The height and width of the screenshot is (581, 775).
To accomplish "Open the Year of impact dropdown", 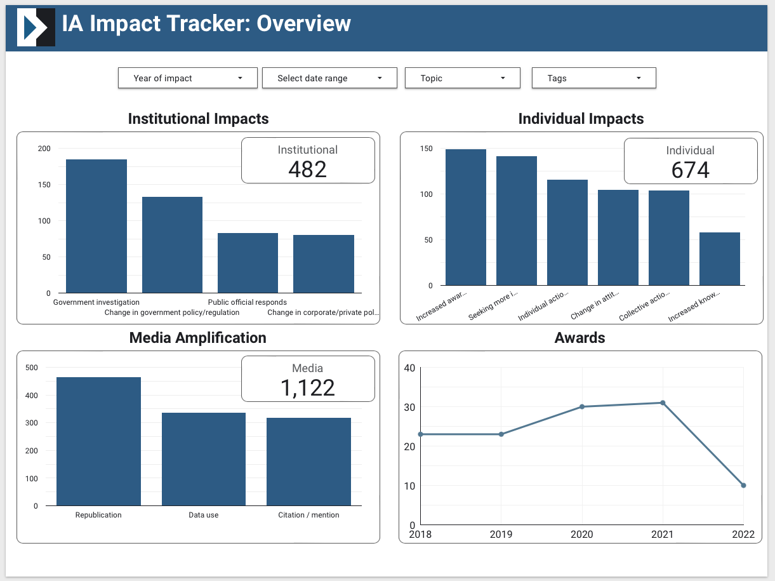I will (188, 78).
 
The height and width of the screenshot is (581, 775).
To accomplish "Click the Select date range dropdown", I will (329, 78).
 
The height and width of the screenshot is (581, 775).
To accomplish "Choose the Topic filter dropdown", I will (463, 78).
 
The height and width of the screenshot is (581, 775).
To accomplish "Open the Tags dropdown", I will (593, 78).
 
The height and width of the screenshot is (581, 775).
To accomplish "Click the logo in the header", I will (36, 27).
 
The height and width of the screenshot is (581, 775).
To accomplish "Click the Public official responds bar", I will (248, 263).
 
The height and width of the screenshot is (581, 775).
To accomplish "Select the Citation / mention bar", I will (308, 462).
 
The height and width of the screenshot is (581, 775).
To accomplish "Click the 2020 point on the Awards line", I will (582, 406).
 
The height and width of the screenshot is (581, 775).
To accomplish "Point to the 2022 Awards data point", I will (743, 485).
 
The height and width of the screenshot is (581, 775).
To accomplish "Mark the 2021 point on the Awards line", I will (663, 403).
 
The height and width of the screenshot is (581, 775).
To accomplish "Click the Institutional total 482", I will (308, 169).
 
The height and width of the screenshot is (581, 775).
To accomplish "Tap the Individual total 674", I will (691, 170).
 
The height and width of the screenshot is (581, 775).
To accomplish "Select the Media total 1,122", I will (308, 387).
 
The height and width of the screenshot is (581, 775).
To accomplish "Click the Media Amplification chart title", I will (197, 338).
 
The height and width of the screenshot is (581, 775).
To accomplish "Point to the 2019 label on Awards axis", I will (501, 534).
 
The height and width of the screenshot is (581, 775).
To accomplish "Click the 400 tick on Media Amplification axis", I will (31, 395).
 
